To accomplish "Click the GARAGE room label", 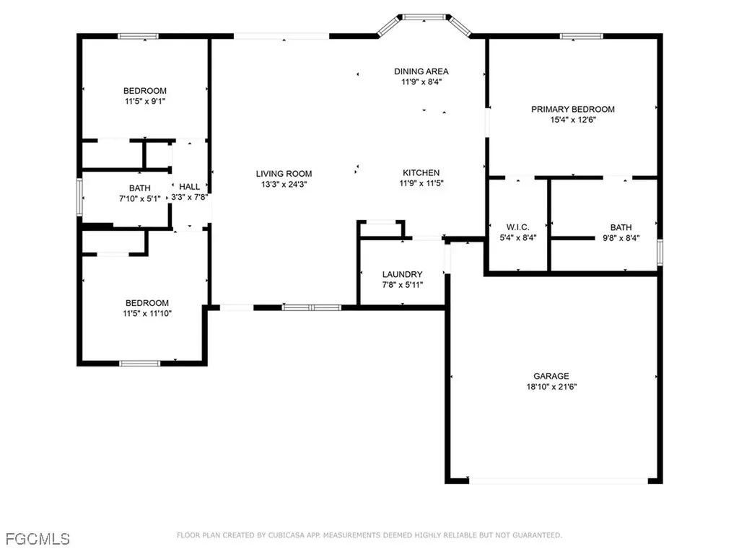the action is click(x=551, y=376).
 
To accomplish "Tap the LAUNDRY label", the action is click(x=402, y=274).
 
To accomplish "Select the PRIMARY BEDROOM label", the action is click(x=572, y=110).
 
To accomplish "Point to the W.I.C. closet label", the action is click(x=517, y=227).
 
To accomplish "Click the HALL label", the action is click(x=189, y=187).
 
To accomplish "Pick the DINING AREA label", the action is click(x=421, y=71).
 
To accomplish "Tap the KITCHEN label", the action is click(x=421, y=173).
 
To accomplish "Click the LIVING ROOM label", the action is click(x=284, y=174).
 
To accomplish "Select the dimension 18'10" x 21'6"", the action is click(x=551, y=387).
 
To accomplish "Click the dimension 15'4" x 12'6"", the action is click(x=572, y=120).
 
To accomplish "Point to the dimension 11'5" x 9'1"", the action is click(x=144, y=101).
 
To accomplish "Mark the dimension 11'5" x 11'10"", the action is click(x=147, y=313).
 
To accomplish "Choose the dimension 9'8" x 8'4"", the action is click(x=621, y=238).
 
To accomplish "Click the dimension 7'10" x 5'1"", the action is click(x=139, y=199).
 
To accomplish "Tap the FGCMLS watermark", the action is click(x=38, y=539).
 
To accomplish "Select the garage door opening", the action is click(x=559, y=481).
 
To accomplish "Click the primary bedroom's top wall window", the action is click(x=581, y=36).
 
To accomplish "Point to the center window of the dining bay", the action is click(x=424, y=17).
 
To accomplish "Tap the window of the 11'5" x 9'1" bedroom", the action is click(x=138, y=36).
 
